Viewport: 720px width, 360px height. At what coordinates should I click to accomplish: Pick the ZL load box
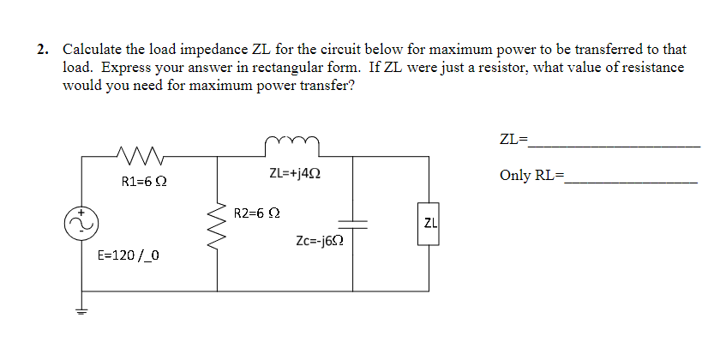tap(430, 224)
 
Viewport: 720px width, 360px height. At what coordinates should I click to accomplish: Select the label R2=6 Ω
tap(258, 211)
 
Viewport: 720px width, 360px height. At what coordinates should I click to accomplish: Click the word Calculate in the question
tap(92, 49)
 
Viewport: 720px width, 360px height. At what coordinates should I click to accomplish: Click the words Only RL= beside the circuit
tap(532, 176)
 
